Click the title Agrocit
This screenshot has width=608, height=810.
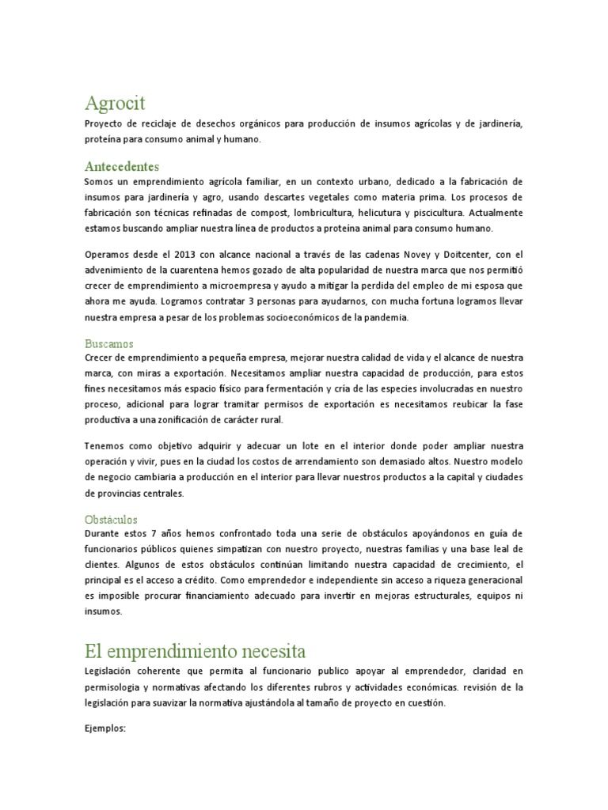point(115,103)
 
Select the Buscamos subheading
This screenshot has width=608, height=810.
point(109,344)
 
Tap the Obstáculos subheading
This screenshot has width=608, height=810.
point(111,520)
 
